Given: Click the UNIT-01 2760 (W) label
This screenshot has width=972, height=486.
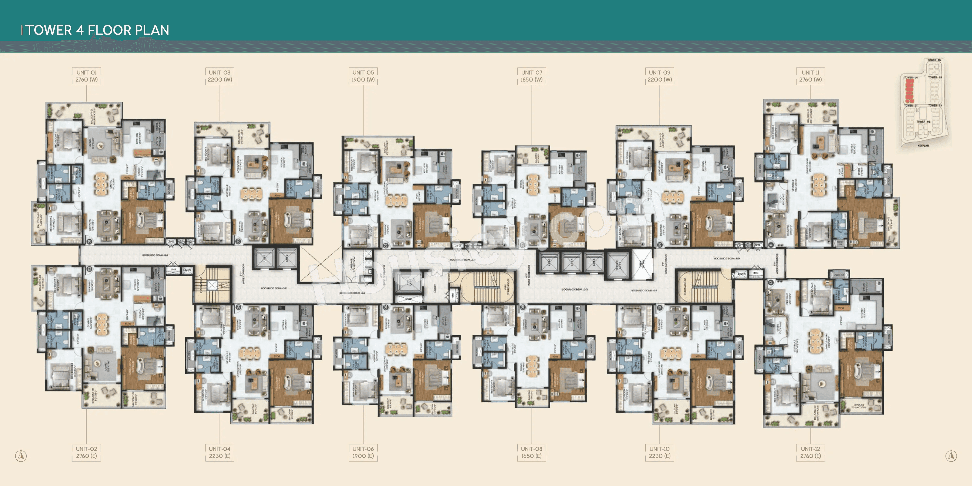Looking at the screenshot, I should click(86, 76).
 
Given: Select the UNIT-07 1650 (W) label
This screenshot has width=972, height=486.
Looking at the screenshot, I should click(531, 76).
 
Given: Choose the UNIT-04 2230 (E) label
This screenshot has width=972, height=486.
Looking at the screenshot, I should click(220, 452).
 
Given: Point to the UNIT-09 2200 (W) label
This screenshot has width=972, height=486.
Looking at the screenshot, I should click(659, 76).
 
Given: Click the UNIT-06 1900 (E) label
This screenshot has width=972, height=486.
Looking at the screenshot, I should click(363, 452).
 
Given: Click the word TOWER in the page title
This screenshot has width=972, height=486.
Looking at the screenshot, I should click(49, 30).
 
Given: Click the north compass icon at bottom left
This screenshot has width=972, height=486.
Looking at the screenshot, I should click(21, 455).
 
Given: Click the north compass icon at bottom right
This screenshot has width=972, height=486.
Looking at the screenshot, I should click(951, 455).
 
